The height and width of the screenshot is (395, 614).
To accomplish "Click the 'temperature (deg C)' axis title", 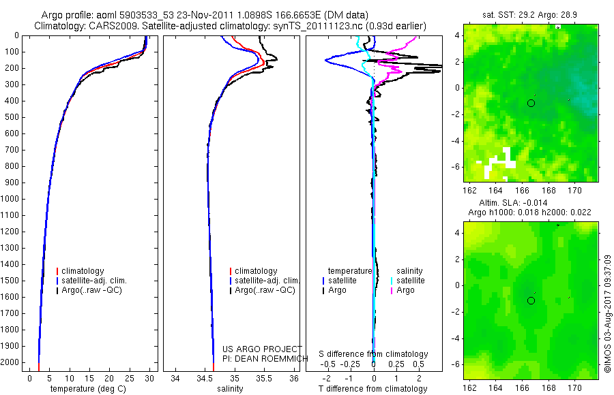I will click(x=86, y=389).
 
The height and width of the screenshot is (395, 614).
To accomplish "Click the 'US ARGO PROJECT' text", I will click(x=262, y=349).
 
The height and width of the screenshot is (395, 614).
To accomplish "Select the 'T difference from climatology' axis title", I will click(x=373, y=389).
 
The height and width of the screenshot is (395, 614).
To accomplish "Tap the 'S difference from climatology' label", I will click(x=373, y=354).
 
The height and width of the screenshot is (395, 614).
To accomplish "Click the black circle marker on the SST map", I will click(x=531, y=103).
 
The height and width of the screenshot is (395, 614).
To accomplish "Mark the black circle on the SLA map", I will click(x=531, y=300).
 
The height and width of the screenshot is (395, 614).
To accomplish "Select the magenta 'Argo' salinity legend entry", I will click(x=405, y=290).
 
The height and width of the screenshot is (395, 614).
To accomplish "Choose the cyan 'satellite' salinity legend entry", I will click(x=410, y=281).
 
